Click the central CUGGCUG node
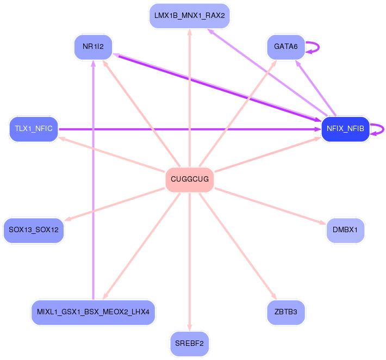[189, 179]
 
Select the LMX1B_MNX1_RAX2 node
[189, 16]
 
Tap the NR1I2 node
[93, 47]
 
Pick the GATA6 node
[285, 47]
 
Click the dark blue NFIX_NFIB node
[345, 129]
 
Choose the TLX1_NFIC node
[34, 129]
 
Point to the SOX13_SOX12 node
[34, 231]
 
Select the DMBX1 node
[345, 231]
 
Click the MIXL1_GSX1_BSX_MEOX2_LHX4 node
[94, 312]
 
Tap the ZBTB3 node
[286, 312]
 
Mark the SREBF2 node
[189, 344]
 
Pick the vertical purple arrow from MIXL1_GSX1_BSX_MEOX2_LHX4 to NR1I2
[94, 179]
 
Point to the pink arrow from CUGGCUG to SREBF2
[189, 261]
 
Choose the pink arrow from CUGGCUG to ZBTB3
[239, 247]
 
